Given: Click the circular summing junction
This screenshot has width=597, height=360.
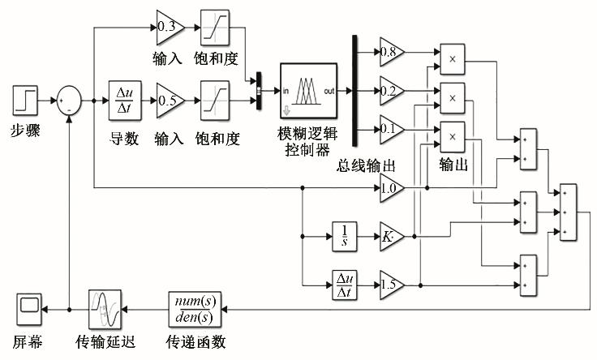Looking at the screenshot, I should pos(67,101).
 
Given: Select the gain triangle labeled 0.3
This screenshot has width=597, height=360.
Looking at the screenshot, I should pos(169,28).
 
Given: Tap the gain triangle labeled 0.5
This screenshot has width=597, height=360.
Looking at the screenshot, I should pos(169,101).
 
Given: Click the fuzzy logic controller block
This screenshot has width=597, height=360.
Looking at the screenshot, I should pos(306,89).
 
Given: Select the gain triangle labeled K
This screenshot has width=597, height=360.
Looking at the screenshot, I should pos(390,237).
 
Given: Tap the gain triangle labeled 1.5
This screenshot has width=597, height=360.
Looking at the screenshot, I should pos(390,285).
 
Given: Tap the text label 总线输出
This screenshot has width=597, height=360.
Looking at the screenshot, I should pos(367,165).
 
